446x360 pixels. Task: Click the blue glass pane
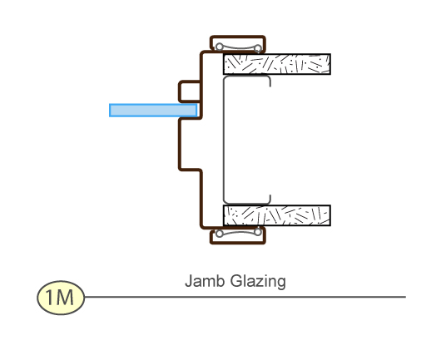153,111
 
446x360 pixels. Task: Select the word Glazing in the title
258,282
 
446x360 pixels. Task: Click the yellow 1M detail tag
61,298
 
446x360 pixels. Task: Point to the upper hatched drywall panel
277,64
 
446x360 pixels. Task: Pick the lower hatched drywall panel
277,215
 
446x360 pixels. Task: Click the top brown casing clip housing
238,44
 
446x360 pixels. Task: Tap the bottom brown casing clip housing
238,235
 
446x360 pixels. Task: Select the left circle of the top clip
219,47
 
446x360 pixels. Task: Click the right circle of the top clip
258,47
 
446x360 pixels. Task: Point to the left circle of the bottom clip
219,234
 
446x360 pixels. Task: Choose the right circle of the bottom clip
258,232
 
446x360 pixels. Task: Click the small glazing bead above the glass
190,91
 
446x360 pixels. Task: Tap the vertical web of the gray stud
225,140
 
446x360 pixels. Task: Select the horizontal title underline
245,297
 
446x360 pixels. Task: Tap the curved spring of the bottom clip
238,233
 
